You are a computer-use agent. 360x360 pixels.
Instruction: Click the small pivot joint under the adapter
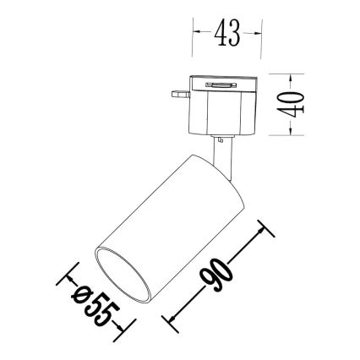click(221, 137)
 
